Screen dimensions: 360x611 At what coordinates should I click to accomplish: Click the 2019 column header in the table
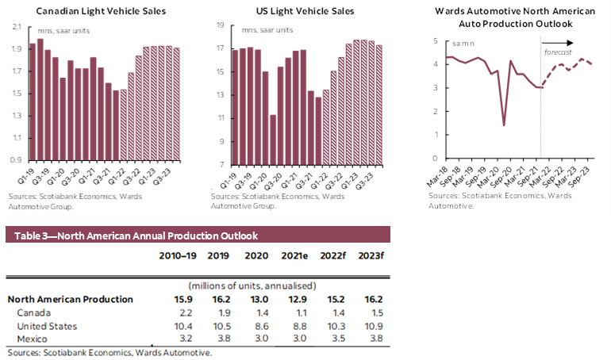pyautogui.click(x=217, y=257)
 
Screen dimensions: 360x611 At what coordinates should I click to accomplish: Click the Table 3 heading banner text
pyautogui.click(x=131, y=236)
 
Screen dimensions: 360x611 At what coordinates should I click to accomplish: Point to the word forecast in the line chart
pyautogui.click(x=558, y=52)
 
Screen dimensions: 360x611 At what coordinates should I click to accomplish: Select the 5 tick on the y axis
pyautogui.click(x=436, y=40)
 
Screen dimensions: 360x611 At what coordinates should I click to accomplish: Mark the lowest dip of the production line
pyautogui.click(x=504, y=124)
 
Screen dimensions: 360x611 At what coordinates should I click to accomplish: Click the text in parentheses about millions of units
pyautogui.click(x=252, y=285)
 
